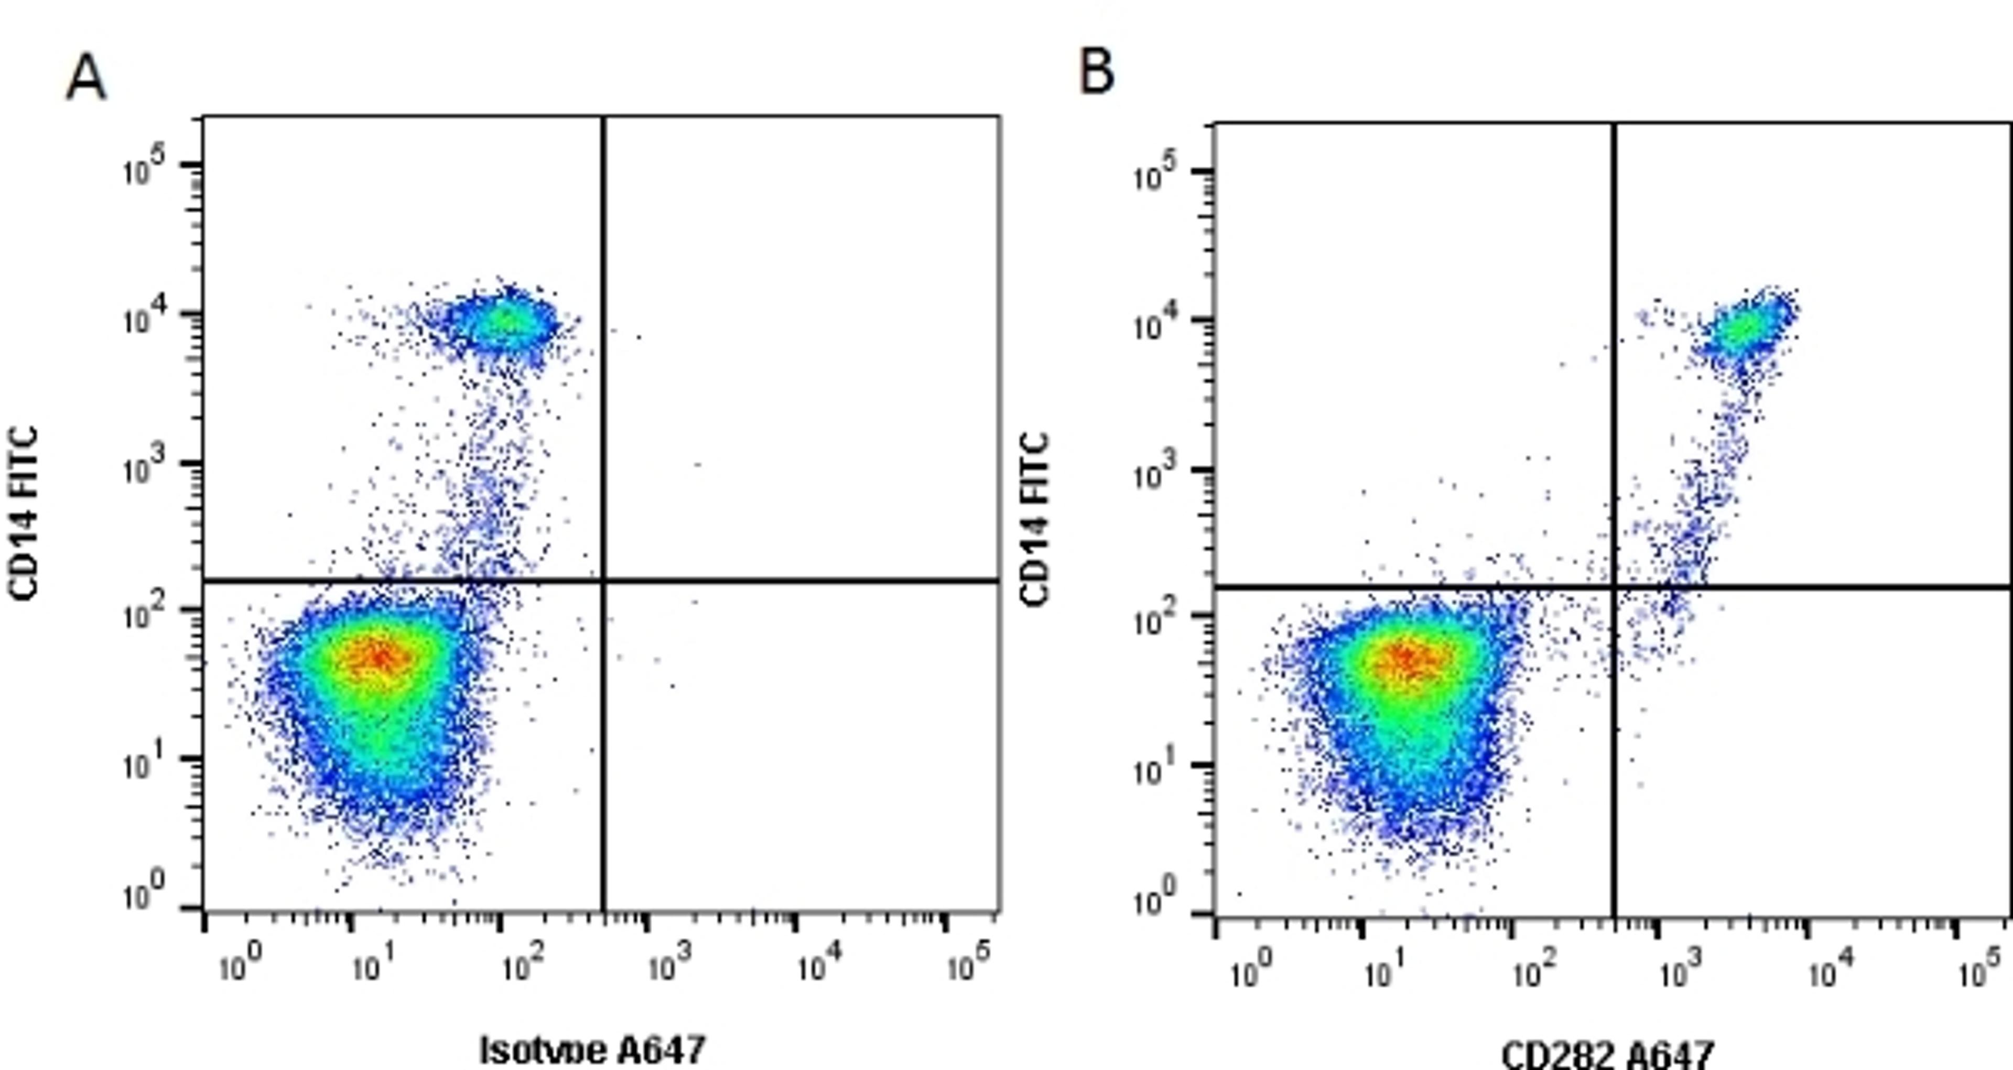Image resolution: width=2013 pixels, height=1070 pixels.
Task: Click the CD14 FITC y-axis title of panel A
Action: click(x=24, y=513)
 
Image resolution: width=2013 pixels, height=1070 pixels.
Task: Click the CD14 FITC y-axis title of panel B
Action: click(x=1035, y=519)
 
